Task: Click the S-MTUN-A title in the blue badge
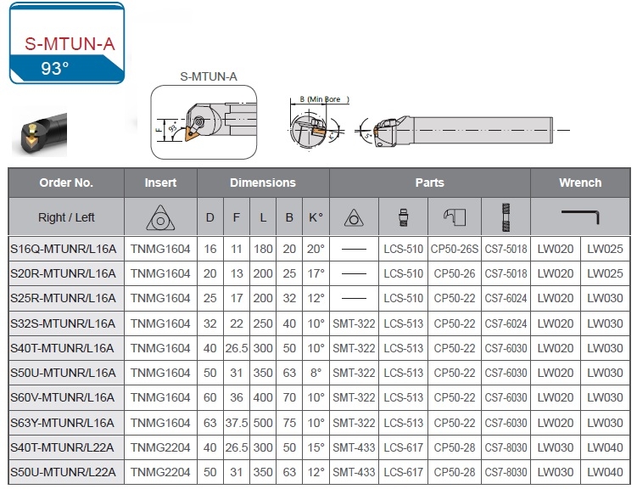coord(70,43)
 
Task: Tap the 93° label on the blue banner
coord(55,68)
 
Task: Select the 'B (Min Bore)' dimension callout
coord(324,99)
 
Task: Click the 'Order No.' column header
coord(66,183)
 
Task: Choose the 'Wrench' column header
coord(580,183)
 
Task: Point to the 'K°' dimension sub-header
coord(316,217)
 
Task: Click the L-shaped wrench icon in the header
coord(580,216)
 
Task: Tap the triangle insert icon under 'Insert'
coord(160,217)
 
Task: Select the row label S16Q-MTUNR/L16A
coord(63,249)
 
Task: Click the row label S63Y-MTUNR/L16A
coord(62,423)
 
